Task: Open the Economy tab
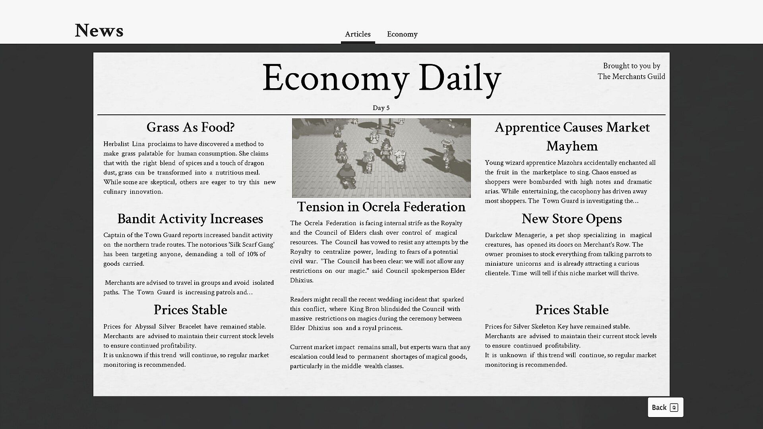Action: pyautogui.click(x=402, y=34)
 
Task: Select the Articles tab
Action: pyautogui.click(x=358, y=34)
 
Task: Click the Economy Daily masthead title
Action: pyautogui.click(x=381, y=78)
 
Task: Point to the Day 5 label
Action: pyautogui.click(x=381, y=108)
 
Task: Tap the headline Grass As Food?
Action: pyautogui.click(x=190, y=128)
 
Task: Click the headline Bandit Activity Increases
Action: pyautogui.click(x=190, y=219)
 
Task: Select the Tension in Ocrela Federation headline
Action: pyautogui.click(x=381, y=207)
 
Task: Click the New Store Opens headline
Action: pyautogui.click(x=571, y=219)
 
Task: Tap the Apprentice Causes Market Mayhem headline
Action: pyautogui.click(x=572, y=137)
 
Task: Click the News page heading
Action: pyautogui.click(x=99, y=31)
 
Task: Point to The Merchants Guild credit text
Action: pyautogui.click(x=631, y=77)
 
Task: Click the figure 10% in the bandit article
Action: pyautogui.click(x=252, y=254)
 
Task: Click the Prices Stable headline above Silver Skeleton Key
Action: pyautogui.click(x=571, y=310)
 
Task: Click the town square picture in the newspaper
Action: pyautogui.click(x=381, y=158)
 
